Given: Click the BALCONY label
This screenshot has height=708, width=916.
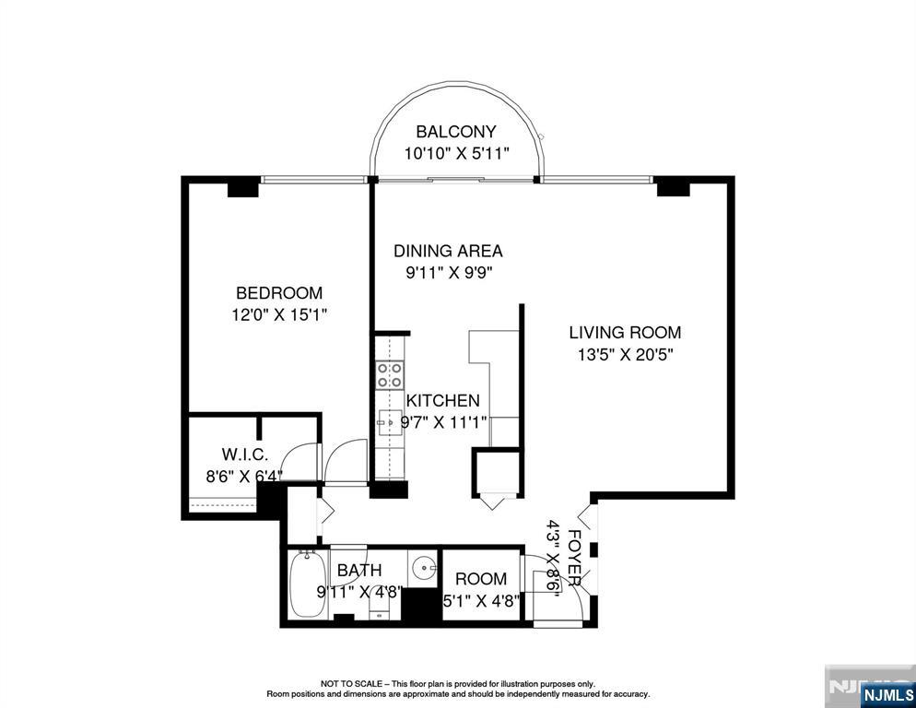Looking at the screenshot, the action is (x=455, y=132).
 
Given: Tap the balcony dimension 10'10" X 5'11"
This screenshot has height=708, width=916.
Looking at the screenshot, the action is (x=457, y=154).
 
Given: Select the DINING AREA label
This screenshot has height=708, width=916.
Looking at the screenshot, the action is (x=448, y=251).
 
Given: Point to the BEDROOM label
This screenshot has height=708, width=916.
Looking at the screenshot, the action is (x=279, y=292).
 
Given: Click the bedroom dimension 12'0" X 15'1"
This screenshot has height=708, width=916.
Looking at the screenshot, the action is (x=278, y=315).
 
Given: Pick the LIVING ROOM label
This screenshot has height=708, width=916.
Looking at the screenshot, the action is (x=625, y=333).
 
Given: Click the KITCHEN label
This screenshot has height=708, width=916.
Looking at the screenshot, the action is (x=443, y=400).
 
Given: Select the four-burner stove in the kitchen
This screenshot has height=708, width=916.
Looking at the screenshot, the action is (x=390, y=375).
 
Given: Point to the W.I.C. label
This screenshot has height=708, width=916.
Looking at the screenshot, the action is (x=245, y=454).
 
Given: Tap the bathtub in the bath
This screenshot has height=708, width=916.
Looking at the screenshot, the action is (x=307, y=584).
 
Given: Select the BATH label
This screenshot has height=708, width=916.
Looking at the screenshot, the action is (x=359, y=570).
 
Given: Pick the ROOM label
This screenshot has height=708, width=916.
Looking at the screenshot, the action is (x=481, y=579).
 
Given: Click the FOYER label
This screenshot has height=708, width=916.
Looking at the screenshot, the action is (x=574, y=559).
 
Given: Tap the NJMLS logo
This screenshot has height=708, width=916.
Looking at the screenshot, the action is (x=887, y=694).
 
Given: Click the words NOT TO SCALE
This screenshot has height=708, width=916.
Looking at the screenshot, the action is (x=351, y=683).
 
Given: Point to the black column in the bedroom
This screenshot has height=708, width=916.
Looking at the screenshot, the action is (x=243, y=188).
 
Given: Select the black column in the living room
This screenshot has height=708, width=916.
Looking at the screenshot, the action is (x=673, y=188).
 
